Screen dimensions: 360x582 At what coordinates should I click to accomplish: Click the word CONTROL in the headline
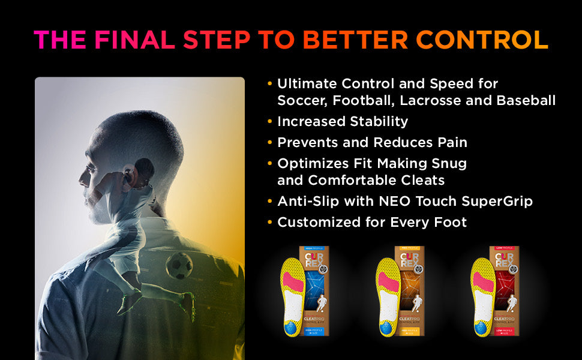(482, 39)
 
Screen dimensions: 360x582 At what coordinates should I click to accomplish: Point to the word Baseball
(526, 101)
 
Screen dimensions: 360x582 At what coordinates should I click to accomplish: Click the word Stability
(376, 121)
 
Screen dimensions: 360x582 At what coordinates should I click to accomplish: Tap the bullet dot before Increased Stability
(269, 122)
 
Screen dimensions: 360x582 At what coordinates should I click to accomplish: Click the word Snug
(451, 163)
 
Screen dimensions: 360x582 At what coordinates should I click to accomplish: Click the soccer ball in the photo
(179, 265)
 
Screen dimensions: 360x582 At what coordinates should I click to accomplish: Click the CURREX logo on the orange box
(409, 262)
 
